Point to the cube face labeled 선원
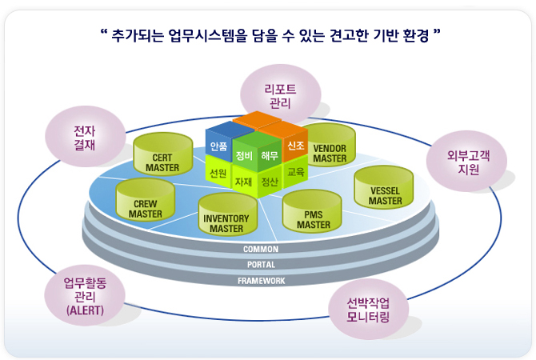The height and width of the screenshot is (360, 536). tap(218, 172)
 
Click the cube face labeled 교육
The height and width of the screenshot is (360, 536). tap(295, 171)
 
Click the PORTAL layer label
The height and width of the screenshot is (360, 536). tap(261, 265)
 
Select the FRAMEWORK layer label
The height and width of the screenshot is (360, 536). tap(261, 281)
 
